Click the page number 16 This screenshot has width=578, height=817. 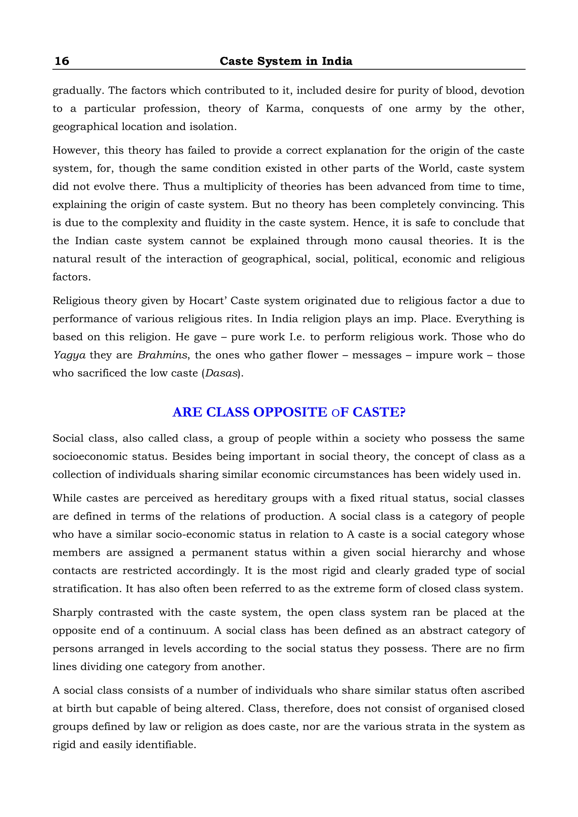click(62, 61)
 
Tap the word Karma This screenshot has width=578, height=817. click(284, 109)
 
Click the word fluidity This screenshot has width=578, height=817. click(225, 223)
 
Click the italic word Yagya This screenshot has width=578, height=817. click(69, 355)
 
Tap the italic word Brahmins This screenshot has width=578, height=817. click(162, 355)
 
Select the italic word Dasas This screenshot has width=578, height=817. click(221, 373)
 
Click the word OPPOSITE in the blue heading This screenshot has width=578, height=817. click(290, 412)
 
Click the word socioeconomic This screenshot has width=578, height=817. click(90, 457)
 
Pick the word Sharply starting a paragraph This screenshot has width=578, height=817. click(73, 613)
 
